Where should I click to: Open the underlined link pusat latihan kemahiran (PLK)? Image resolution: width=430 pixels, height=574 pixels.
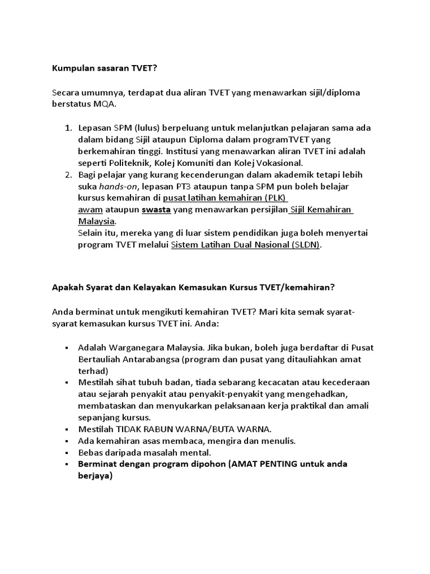(x=223, y=198)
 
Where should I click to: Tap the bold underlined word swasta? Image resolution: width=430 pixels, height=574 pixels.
(x=156, y=210)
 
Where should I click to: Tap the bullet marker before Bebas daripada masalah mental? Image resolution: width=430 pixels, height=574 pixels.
(x=68, y=453)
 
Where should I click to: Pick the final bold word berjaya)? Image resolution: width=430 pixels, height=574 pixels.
(x=95, y=476)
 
